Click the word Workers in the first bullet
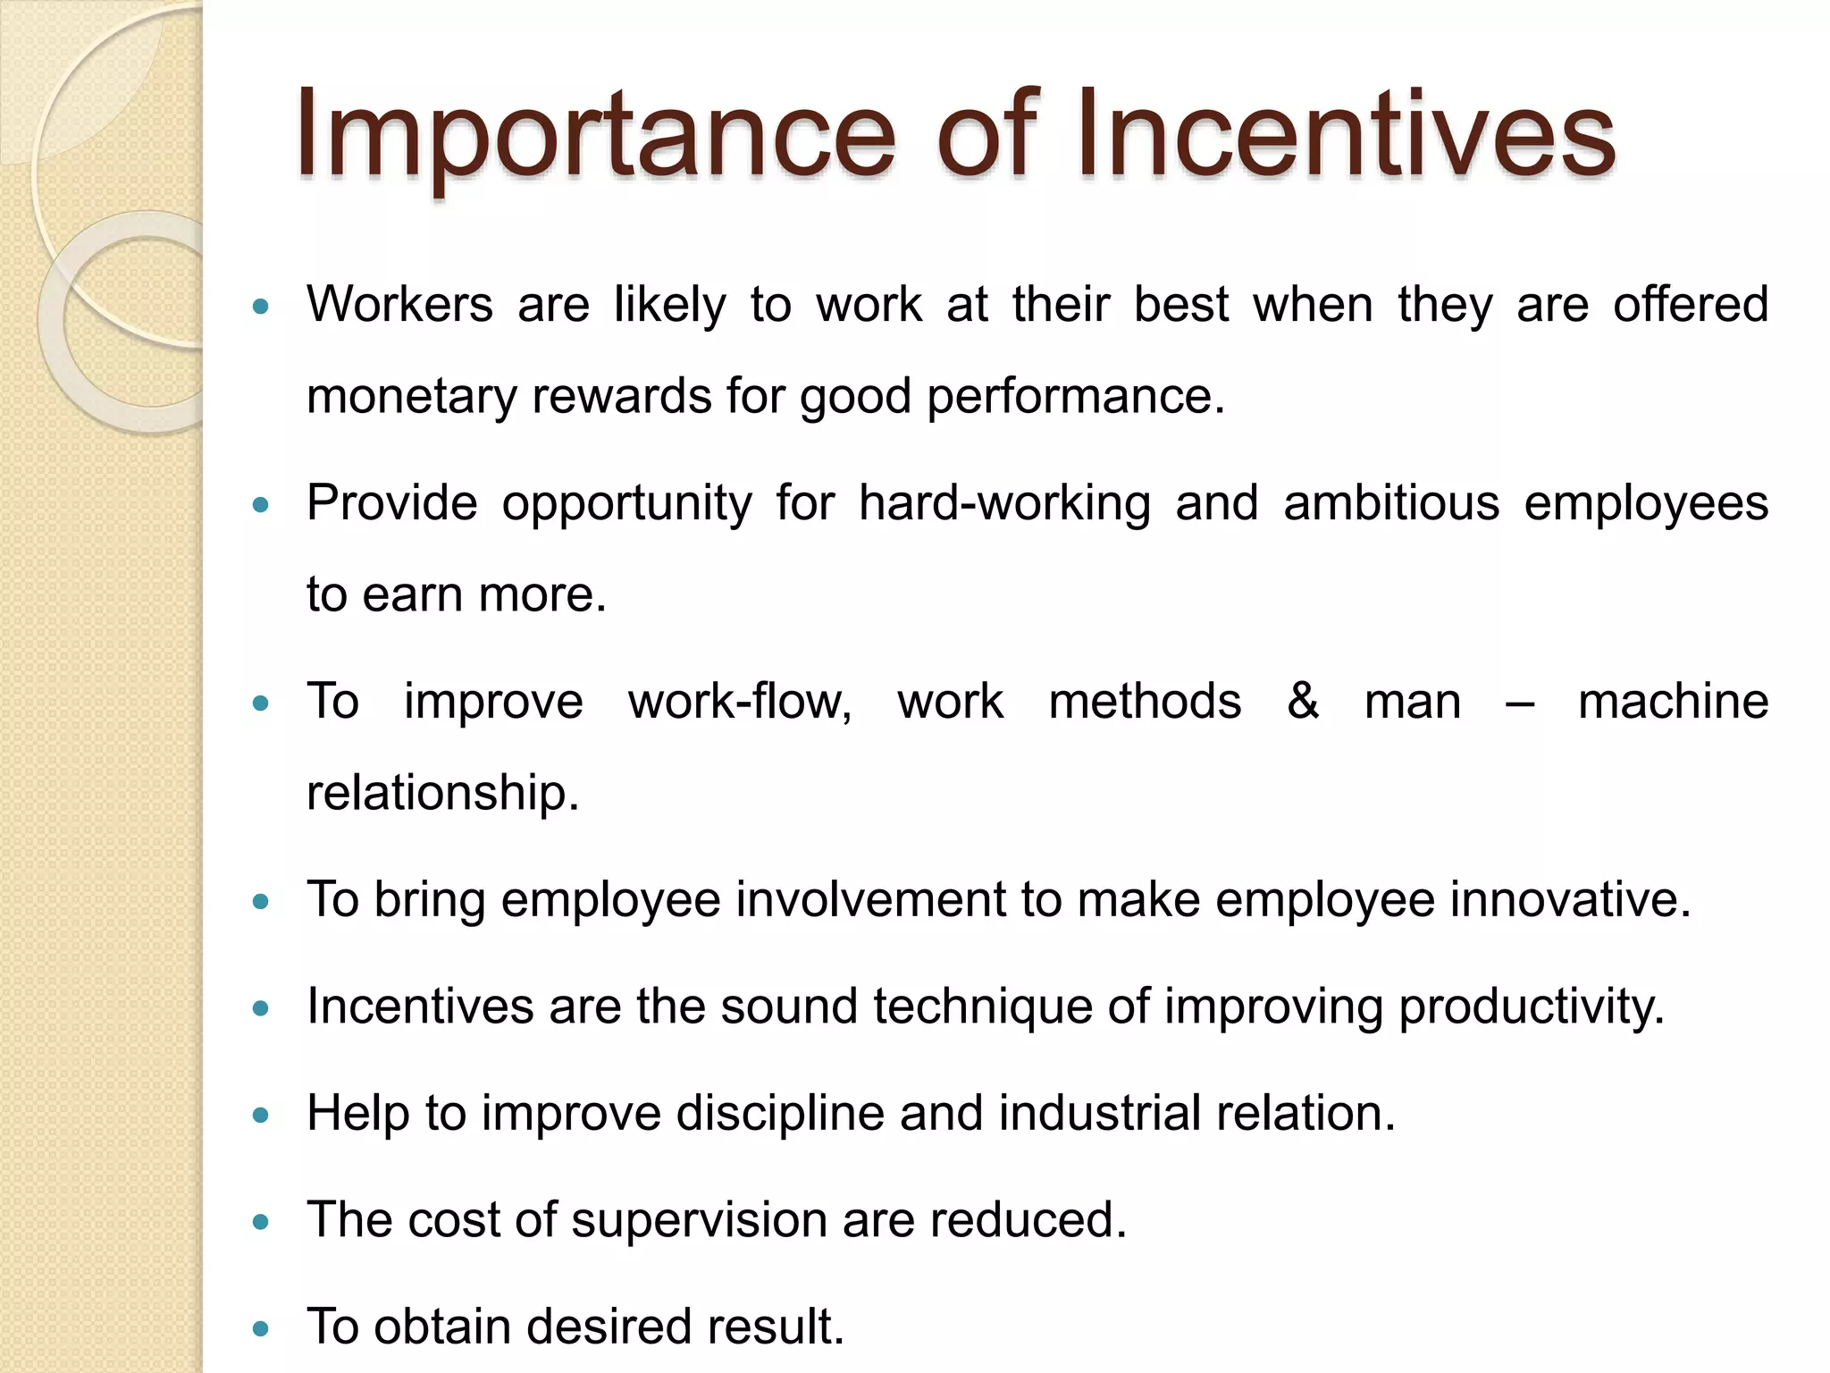click(x=399, y=304)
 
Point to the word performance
click(x=1075, y=396)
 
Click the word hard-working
click(x=1004, y=502)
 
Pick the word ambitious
click(x=1391, y=502)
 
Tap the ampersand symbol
click(x=1303, y=701)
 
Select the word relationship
click(x=442, y=792)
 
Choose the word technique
click(x=983, y=1007)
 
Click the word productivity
click(x=1531, y=1007)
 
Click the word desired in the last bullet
click(x=609, y=1327)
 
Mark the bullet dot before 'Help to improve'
click(x=261, y=1116)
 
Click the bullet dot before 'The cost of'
click(x=261, y=1222)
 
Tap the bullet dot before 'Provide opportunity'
click(x=261, y=505)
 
